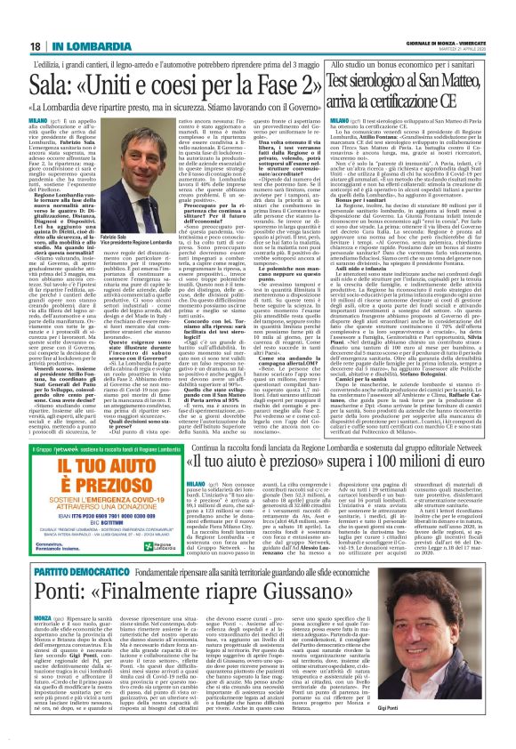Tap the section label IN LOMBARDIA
(x=56, y=19)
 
